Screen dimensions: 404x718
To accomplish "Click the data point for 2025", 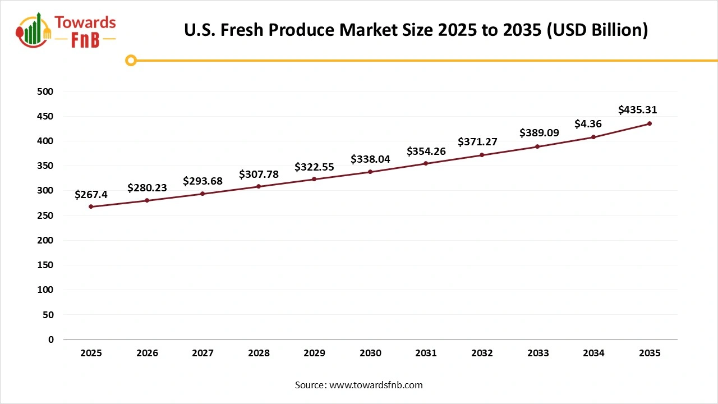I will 91,206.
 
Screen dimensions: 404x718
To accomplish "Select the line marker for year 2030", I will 370,172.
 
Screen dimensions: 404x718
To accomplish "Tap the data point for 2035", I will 650,123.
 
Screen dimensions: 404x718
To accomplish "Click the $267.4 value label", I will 91,194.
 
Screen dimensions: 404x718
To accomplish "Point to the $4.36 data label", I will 588,124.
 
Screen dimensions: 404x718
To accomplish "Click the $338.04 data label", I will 370,159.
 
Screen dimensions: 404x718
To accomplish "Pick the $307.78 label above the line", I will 259,174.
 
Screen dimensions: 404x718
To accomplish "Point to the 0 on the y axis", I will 51,339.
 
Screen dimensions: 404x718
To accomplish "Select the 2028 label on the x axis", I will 259,353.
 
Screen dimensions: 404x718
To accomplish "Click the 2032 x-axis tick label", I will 482,353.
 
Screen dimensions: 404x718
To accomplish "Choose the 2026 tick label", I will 147,353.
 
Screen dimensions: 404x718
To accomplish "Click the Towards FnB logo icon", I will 34,30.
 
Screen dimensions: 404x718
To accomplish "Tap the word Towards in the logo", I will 85,22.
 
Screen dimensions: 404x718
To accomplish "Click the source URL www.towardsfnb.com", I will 375,385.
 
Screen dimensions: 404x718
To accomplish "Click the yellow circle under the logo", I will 131,60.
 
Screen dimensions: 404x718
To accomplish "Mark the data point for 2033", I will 537,146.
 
